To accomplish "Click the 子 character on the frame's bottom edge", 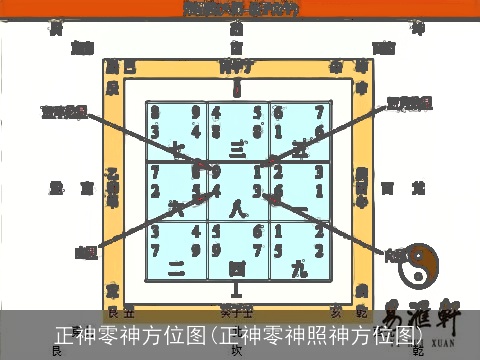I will point(237,310).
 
